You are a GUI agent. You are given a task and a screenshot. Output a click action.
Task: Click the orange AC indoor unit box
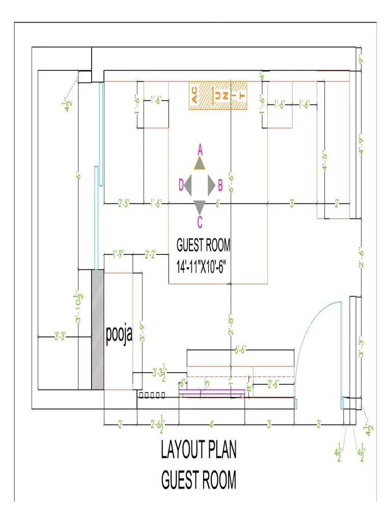click(218, 95)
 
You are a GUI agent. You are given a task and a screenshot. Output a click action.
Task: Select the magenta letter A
click(200, 149)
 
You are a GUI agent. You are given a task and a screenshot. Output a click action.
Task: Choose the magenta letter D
click(180, 185)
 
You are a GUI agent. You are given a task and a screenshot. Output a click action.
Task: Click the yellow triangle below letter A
click(199, 163)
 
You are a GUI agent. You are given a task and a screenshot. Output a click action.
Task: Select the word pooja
click(119, 334)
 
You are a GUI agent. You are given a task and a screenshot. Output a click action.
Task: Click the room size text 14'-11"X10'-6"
click(203, 266)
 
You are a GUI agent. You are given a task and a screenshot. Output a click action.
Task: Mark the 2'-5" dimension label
click(124, 203)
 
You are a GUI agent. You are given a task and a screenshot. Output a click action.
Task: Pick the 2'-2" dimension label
click(151, 252)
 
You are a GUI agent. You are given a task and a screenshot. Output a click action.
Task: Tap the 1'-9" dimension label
click(118, 252)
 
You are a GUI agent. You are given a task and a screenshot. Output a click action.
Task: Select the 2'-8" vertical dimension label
click(231, 326)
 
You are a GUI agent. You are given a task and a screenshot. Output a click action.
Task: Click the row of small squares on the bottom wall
click(152, 395)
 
